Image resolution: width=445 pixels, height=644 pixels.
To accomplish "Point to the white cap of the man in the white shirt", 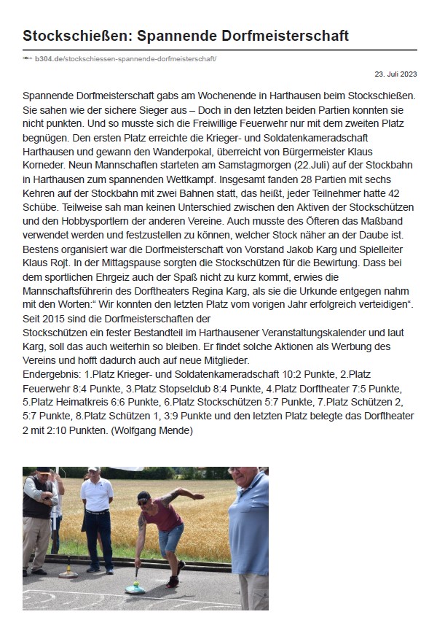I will point(94,470).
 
